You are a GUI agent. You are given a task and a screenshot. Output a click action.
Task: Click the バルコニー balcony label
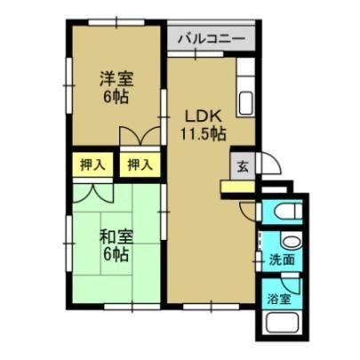point(211,38)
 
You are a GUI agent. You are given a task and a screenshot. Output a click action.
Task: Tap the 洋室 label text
point(116,79)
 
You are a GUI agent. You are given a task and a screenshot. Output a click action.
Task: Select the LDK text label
point(203,116)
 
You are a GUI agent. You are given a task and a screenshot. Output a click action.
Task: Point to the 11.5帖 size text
point(203,133)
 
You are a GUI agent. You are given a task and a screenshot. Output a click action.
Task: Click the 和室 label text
point(116,237)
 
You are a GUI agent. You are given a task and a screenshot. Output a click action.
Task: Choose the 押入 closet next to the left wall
point(92,164)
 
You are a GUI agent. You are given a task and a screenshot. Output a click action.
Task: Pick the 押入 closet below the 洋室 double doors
point(140,164)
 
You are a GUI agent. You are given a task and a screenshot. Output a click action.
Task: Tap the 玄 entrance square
point(243,166)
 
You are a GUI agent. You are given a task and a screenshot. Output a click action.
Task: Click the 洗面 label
point(282,260)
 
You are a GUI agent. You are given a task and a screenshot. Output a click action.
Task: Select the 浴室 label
point(278,300)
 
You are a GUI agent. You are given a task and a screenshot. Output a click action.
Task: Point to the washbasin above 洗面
point(292,241)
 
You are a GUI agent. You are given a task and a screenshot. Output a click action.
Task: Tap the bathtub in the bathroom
point(284,324)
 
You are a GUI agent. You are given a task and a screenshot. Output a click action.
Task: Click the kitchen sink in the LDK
point(245,102)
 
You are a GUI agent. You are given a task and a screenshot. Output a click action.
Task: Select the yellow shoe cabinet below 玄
point(238,187)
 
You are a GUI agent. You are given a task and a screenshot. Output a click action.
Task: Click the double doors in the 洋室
point(140,136)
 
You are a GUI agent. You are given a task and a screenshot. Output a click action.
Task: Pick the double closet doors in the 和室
point(93,194)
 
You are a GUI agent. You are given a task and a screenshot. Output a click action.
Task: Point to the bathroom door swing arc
point(291,285)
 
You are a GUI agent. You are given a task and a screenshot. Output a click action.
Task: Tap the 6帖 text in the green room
point(116,253)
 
